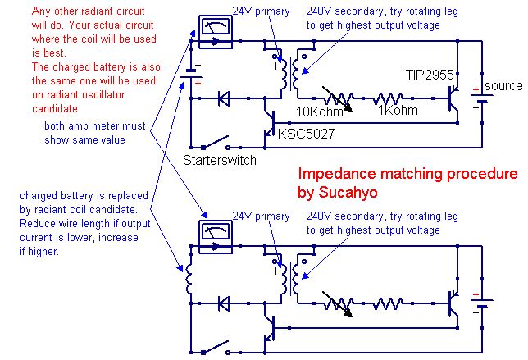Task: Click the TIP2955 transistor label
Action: [x=430, y=75]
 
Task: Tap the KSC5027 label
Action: [x=306, y=134]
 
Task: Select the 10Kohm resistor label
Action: [x=320, y=112]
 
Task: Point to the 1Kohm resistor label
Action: [x=398, y=110]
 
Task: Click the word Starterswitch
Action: [x=220, y=160]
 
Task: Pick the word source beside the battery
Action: [x=503, y=86]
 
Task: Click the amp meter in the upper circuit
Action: [x=216, y=32]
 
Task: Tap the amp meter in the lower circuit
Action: [x=216, y=237]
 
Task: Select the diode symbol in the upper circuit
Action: [x=224, y=98]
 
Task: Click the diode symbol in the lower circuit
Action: [x=224, y=303]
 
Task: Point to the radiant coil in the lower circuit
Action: [x=189, y=279]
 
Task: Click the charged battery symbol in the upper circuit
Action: [x=191, y=74]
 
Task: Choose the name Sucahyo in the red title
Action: [x=348, y=193]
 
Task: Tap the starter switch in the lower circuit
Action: [x=216, y=347]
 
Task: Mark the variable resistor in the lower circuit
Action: [x=338, y=303]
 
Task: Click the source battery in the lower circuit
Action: [x=482, y=303]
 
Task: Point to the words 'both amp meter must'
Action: [x=95, y=126]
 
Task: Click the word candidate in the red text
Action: [x=55, y=109]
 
